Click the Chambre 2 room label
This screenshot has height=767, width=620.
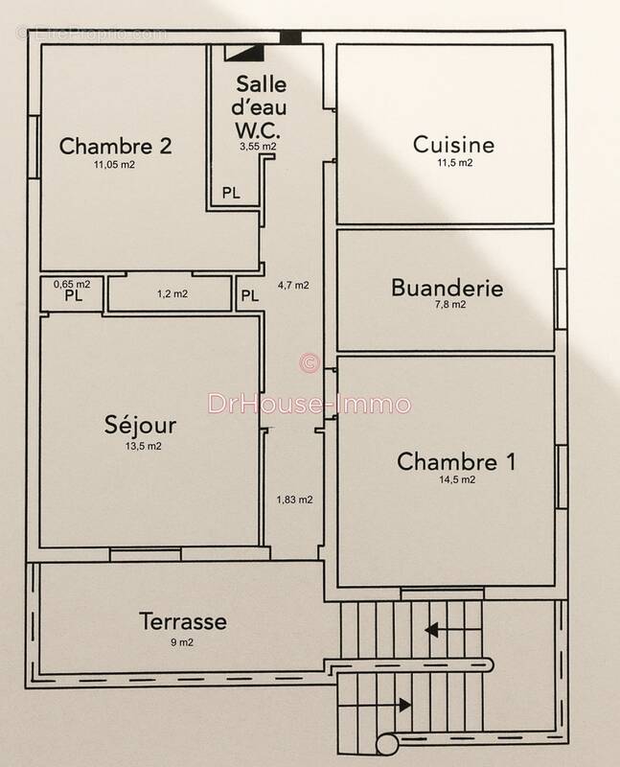click(x=116, y=147)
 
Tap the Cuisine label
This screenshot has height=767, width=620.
click(x=453, y=145)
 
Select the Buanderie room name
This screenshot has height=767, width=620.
click(x=447, y=287)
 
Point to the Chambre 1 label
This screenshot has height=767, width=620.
click(x=456, y=460)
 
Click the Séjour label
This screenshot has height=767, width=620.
click(x=141, y=427)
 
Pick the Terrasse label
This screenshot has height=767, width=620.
click(x=182, y=621)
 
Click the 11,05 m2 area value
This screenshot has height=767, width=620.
click(x=113, y=166)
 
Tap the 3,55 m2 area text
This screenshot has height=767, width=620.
click(x=258, y=147)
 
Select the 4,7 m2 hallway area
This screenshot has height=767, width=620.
click(x=292, y=285)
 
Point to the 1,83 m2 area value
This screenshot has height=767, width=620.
click(x=294, y=499)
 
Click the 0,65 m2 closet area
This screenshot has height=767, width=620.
click(x=72, y=284)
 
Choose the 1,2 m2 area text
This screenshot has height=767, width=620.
click(x=172, y=293)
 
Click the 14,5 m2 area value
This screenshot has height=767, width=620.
click(x=455, y=479)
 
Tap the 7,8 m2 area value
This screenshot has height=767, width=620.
click(x=447, y=305)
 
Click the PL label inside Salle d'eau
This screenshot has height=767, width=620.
click(x=231, y=192)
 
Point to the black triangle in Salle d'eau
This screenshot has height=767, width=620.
click(x=250, y=55)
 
